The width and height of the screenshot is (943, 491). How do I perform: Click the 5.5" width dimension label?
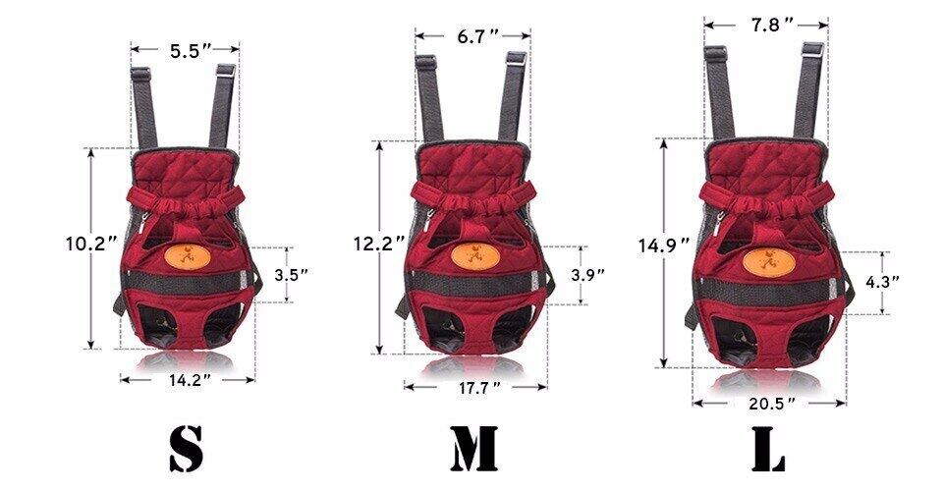coord(190,50)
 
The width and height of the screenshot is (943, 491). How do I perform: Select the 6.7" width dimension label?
coord(477,36)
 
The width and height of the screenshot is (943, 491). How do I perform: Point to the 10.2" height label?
coord(90,244)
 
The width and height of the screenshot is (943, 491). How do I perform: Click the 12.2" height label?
coord(379,244)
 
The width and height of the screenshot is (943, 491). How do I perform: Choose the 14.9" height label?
coord(664,245)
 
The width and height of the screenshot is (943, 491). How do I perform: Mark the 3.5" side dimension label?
coord(291,275)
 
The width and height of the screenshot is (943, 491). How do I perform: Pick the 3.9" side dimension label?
coord(587,275)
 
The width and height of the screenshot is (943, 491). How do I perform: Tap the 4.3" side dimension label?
coord(882,282)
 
